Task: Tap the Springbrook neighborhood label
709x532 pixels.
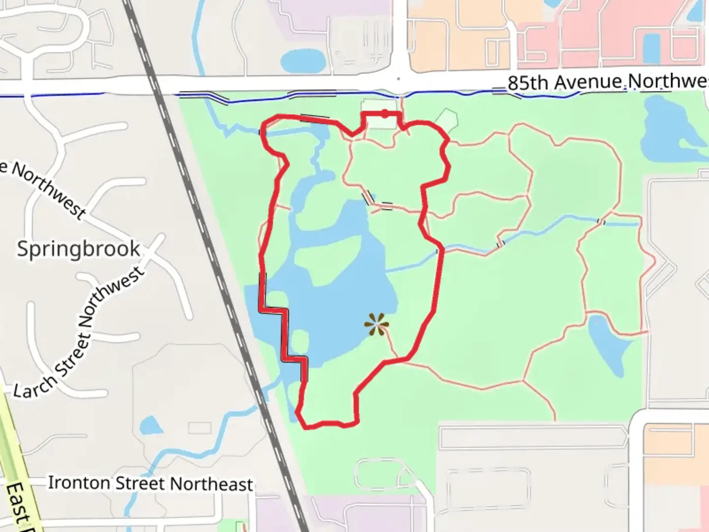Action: tap(78, 249)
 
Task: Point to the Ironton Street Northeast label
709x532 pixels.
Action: tap(150, 483)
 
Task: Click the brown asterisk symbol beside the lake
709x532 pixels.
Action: tap(377, 325)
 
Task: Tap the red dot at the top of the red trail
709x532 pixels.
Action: tap(385, 114)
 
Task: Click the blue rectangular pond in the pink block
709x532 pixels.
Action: tap(651, 48)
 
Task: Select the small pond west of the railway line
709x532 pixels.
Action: tap(150, 425)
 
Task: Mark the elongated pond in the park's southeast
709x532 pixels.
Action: tap(609, 342)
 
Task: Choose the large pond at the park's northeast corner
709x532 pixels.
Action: tap(665, 128)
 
